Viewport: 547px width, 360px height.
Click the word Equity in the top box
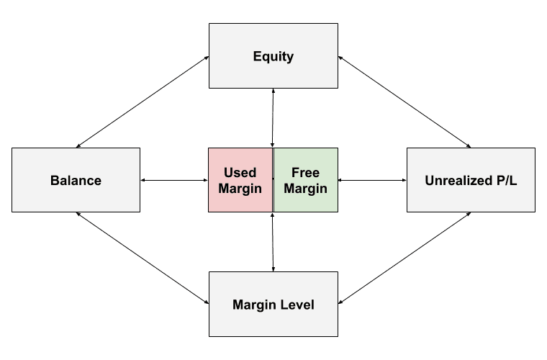coord(273,56)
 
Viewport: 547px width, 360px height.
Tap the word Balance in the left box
coord(76,180)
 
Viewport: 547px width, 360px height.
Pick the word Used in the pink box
coord(240,173)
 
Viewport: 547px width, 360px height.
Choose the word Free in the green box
coord(306,173)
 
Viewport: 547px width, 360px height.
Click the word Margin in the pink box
coord(240,189)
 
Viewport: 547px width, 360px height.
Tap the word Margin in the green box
coord(306,189)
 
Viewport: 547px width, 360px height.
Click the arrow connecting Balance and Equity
coord(143,102)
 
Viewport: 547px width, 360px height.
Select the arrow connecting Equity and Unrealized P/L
coord(404,102)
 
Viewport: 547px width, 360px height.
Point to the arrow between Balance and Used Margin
coord(174,180)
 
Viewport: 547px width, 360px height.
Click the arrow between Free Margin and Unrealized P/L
coord(372,180)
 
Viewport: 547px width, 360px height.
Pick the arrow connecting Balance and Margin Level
coord(143,258)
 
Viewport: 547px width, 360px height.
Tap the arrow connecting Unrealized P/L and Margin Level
coord(404,258)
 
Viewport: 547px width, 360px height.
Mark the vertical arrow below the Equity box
coord(273,118)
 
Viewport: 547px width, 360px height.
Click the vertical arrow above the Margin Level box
coord(273,242)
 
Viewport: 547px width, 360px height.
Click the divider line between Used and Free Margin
coord(273,180)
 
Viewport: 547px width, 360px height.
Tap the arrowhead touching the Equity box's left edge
coord(207,58)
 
